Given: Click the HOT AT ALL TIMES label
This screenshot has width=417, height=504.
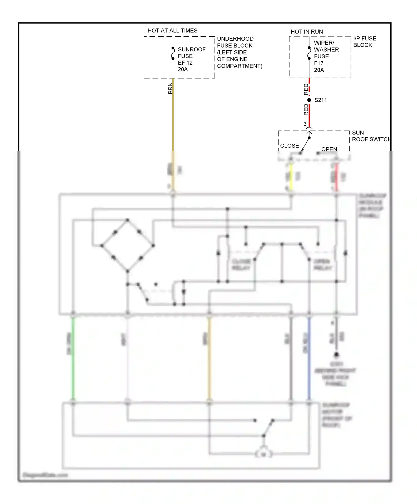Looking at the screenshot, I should (x=172, y=31).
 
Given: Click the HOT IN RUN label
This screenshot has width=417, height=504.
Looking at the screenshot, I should (x=307, y=32).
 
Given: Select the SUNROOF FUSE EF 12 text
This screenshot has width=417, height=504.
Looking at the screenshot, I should (x=191, y=59).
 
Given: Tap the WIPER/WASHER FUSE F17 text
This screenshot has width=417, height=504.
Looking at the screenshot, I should (x=326, y=56).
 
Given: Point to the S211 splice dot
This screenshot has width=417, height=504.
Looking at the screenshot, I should (x=309, y=100).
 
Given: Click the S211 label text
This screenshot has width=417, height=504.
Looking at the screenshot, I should (x=321, y=100).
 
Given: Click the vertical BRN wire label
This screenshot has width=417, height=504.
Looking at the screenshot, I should (x=170, y=88).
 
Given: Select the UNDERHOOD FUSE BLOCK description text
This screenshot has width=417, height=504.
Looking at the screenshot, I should (x=239, y=52).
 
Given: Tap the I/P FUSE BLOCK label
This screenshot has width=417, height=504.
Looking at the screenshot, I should (x=364, y=42).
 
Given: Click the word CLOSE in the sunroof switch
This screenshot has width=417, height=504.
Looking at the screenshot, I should (x=289, y=146).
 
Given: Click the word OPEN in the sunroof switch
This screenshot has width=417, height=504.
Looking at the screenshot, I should (x=329, y=149).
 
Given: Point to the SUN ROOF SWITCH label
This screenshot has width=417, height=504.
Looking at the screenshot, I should (x=371, y=136).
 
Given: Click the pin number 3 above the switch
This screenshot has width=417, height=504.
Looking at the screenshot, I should (x=305, y=124).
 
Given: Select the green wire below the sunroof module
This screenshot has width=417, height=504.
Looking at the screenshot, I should (x=73, y=358).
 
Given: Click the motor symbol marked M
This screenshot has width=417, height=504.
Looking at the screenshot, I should (x=263, y=454).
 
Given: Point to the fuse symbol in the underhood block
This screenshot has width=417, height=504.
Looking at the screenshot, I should (x=173, y=53).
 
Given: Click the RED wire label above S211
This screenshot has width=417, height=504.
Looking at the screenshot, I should (x=306, y=89).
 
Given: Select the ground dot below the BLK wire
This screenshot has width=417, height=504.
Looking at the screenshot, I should (x=336, y=355).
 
